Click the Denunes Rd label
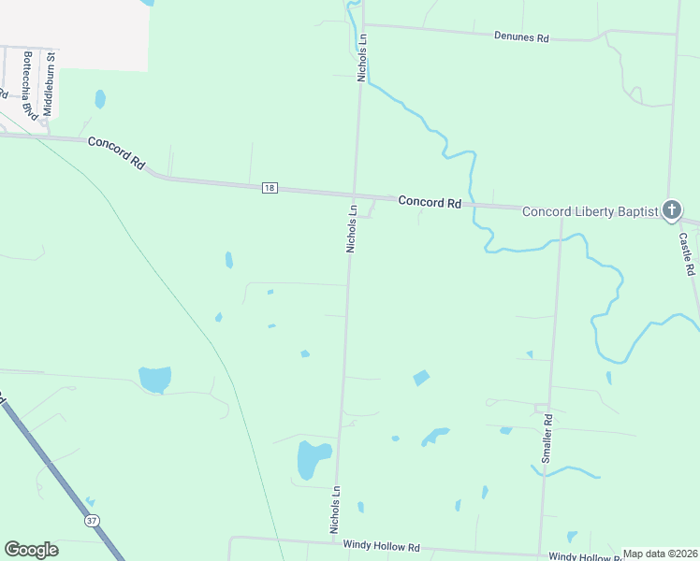pos(521,37)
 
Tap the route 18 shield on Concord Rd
pos(270,188)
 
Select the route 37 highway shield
pos(91,520)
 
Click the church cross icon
pos(672,210)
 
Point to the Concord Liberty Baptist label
pos(590,211)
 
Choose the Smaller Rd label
pos(547,438)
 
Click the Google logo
pos(31,550)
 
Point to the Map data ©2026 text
pos(661,554)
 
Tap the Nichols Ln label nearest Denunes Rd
pos(362,58)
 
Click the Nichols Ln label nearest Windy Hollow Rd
pos(333,510)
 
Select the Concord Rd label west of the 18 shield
pos(117,153)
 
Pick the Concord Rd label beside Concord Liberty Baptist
pos(430,202)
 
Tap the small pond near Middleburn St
pos(100,98)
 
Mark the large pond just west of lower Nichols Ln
pos(311,458)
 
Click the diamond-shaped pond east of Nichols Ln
pos(421,378)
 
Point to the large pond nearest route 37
pos(155,379)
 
